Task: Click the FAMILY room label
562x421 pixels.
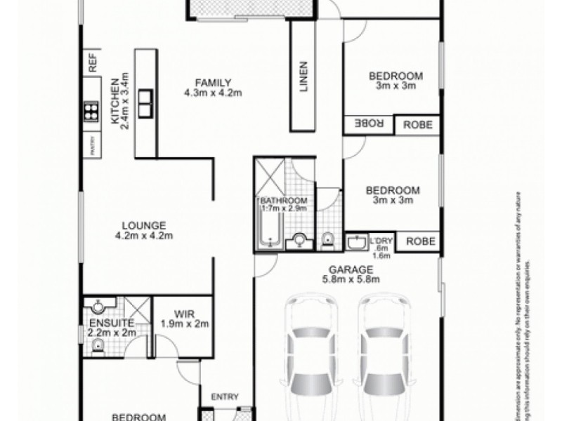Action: click(213, 81)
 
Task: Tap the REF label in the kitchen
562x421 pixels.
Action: click(92, 64)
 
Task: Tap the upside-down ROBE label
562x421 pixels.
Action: click(369, 123)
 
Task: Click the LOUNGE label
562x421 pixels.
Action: click(143, 225)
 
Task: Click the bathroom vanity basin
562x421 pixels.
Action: click(299, 241)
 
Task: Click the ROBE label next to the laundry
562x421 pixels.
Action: click(421, 241)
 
